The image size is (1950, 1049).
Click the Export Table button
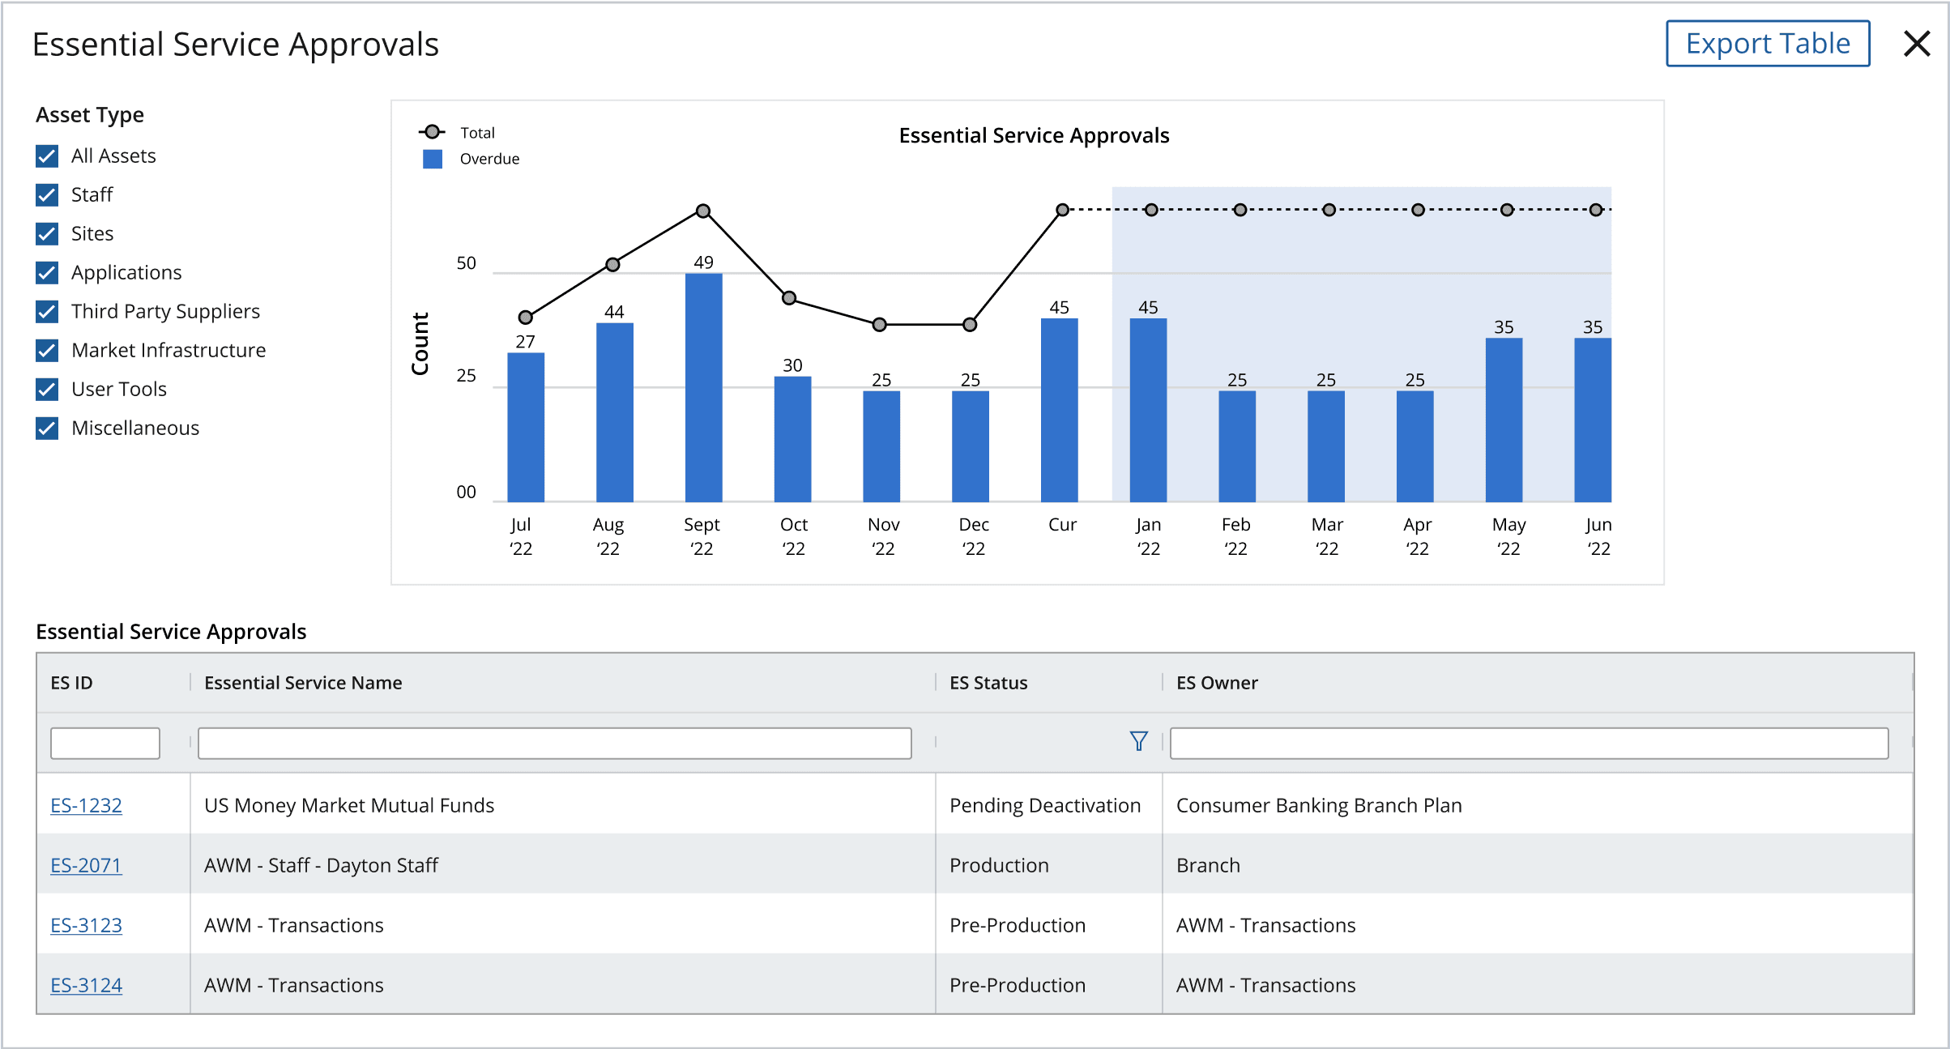click(1768, 44)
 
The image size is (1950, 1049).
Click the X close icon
click(1917, 44)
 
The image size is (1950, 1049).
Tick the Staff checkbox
click(47, 195)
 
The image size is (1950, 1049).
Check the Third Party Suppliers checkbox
click(47, 312)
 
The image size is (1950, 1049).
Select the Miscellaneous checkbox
click(47, 429)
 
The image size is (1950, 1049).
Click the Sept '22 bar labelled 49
click(703, 387)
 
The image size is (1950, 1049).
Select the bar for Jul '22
click(526, 427)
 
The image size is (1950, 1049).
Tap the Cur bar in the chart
click(1059, 410)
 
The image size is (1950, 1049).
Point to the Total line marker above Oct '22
click(789, 298)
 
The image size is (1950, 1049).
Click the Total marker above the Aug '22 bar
click(613, 265)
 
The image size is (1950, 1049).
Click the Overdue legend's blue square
click(433, 159)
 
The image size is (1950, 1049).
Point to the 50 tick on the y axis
click(467, 263)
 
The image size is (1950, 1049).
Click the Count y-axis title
click(420, 343)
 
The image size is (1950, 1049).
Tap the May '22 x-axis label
click(1508, 536)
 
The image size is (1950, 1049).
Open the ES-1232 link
click(86, 805)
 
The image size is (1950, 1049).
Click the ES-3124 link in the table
click(86, 985)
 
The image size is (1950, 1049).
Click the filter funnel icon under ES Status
click(1139, 741)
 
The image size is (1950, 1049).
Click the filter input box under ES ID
click(105, 743)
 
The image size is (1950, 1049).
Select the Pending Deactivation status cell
click(1045, 805)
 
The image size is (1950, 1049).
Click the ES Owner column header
click(1217, 683)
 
